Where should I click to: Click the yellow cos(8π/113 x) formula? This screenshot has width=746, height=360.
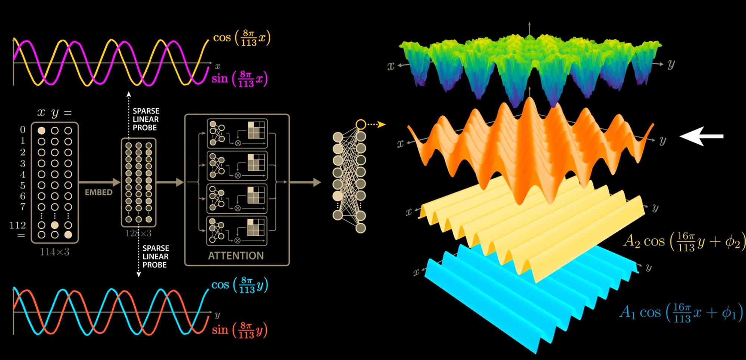click(x=241, y=38)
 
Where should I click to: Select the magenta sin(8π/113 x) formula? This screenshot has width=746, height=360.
click(x=239, y=79)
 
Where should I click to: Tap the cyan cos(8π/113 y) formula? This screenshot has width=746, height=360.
click(x=239, y=285)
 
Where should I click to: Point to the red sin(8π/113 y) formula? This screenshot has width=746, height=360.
click(x=239, y=330)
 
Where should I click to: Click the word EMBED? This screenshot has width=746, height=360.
click(x=98, y=192)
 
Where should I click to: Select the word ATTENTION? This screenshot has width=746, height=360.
click(x=236, y=256)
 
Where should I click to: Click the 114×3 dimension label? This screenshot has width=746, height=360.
click(x=54, y=252)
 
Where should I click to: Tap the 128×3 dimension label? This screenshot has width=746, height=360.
click(x=138, y=234)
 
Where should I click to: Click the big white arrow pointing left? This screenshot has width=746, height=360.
click(x=701, y=136)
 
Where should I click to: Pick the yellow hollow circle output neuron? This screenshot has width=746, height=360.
click(x=361, y=125)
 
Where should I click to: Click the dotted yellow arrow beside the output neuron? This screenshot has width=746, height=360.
click(x=376, y=125)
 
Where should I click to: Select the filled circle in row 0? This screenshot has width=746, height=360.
click(x=41, y=131)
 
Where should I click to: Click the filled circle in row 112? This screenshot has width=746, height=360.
click(x=55, y=225)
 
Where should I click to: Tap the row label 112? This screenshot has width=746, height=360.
click(x=18, y=225)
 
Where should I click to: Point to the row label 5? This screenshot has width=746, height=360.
click(x=23, y=185)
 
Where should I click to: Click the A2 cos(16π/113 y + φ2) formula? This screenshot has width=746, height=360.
click(x=684, y=242)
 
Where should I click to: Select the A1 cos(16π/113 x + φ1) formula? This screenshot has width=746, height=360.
click(x=681, y=313)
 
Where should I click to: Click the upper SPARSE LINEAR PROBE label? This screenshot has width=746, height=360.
click(x=146, y=119)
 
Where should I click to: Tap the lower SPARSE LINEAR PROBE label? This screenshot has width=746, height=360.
click(x=156, y=257)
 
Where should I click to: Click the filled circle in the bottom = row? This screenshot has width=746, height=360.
click(x=68, y=235)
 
